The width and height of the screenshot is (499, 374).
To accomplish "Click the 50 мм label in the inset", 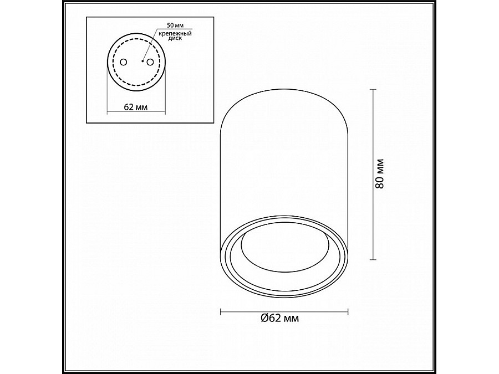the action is click(x=175, y=25).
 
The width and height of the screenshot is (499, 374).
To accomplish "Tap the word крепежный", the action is click(x=175, y=33).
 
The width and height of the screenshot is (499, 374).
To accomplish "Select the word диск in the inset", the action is click(x=175, y=38).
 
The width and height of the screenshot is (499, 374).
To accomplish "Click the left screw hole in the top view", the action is click(x=123, y=62).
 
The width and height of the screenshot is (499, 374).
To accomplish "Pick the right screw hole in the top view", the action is click(x=150, y=62).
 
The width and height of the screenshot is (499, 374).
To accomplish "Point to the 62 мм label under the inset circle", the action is click(x=136, y=107).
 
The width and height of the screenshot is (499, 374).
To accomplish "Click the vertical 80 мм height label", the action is click(x=380, y=173).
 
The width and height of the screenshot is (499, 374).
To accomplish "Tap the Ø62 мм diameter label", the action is click(x=280, y=318).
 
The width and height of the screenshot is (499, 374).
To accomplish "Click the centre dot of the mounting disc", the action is click(x=142, y=61).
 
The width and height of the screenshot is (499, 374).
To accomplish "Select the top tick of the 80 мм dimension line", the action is click(x=373, y=90).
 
